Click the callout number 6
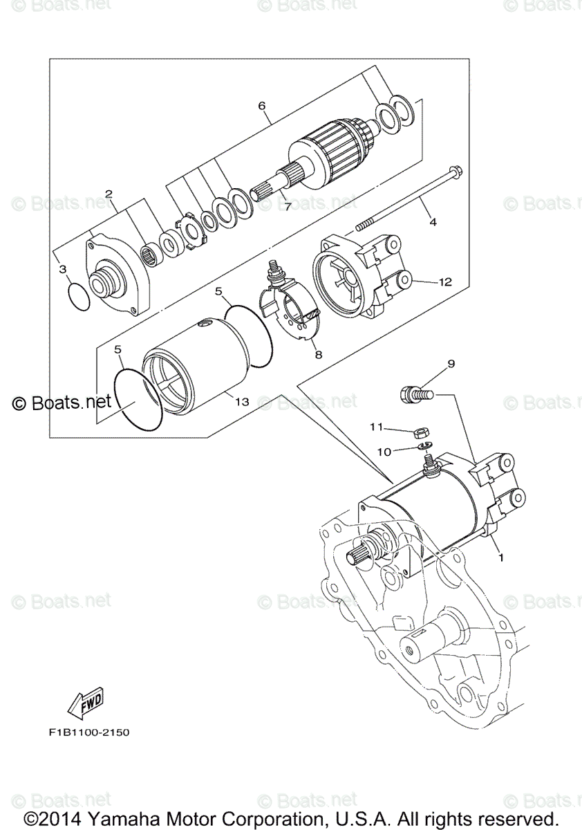point(261,106)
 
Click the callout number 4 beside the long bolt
point(433,222)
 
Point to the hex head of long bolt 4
point(455,171)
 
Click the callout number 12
point(444,282)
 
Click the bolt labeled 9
point(414,395)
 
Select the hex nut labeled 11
point(420,434)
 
